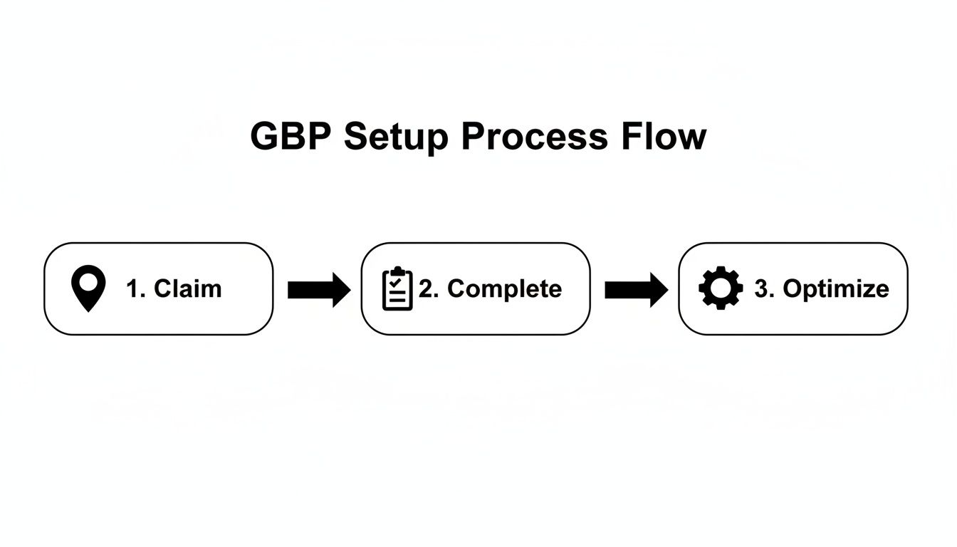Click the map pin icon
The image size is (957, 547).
[x=88, y=288]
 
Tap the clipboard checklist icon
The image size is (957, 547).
[x=397, y=288]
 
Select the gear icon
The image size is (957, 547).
[x=721, y=288]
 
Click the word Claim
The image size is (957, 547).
[x=188, y=288]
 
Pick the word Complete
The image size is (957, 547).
[x=504, y=288]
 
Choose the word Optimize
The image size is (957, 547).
[x=836, y=289]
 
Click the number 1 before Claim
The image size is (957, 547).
[x=133, y=288]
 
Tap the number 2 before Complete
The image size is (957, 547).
[x=427, y=288]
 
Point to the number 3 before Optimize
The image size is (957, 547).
[x=761, y=288]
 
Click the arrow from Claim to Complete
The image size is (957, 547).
[x=318, y=290]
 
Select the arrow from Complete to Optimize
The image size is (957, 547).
[x=636, y=290]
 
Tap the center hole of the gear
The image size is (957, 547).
[x=721, y=288]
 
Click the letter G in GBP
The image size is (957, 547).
[x=265, y=136]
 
